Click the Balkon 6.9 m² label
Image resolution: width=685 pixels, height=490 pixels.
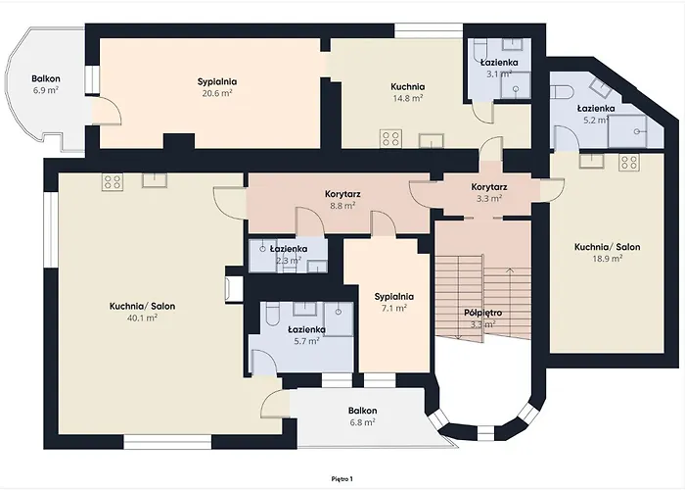(45, 83)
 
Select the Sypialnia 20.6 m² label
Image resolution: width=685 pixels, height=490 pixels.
(216, 87)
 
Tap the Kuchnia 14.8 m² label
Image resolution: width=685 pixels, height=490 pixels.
(406, 91)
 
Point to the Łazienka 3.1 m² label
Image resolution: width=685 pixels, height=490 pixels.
(498, 67)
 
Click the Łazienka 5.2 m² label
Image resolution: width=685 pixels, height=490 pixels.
(595, 114)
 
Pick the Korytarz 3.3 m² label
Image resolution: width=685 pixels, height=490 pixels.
(488, 192)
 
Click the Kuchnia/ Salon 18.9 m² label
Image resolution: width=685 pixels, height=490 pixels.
(607, 253)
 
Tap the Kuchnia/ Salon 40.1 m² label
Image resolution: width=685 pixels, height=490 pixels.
(143, 311)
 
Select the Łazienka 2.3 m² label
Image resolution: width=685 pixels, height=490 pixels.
(288, 255)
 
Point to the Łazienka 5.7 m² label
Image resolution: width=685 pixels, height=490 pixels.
(306, 335)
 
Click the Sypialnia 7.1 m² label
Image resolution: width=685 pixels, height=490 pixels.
(394, 302)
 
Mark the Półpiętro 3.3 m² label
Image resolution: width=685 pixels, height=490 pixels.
(483, 318)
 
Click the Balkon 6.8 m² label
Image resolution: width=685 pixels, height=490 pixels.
(362, 416)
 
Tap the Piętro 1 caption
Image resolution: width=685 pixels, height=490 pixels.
(342, 478)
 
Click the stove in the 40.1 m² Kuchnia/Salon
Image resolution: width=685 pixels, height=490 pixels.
(113, 180)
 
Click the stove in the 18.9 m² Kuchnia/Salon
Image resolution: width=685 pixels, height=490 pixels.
(628, 162)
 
